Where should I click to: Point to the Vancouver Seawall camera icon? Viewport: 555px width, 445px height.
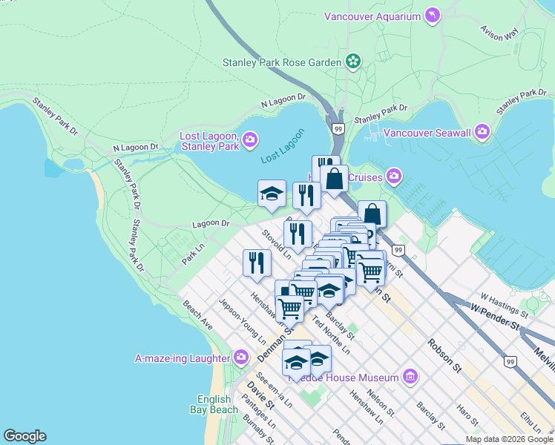[482, 133]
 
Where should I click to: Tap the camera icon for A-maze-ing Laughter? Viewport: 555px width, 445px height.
[240, 358]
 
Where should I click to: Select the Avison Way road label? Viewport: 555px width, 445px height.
[499, 34]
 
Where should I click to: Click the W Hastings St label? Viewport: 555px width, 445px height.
[504, 305]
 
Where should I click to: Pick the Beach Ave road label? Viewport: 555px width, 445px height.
[197, 315]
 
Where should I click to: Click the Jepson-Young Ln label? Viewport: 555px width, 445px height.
[243, 321]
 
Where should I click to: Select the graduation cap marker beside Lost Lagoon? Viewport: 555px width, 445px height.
[272, 194]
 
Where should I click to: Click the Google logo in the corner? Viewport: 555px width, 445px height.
[24, 436]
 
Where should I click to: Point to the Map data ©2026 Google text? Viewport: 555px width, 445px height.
[509, 439]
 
